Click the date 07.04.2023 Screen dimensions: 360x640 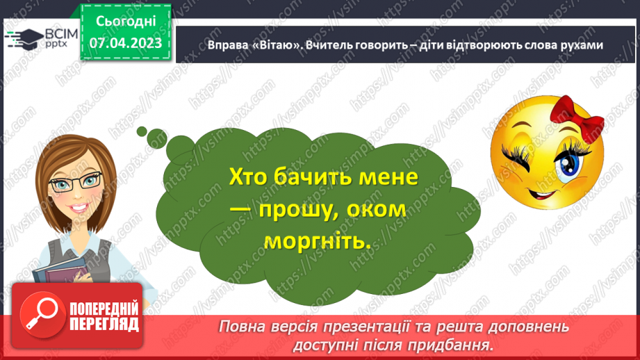pos(126,43)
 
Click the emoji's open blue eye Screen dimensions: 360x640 pos(569,159)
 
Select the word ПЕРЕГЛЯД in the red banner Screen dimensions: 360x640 pos(104,324)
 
